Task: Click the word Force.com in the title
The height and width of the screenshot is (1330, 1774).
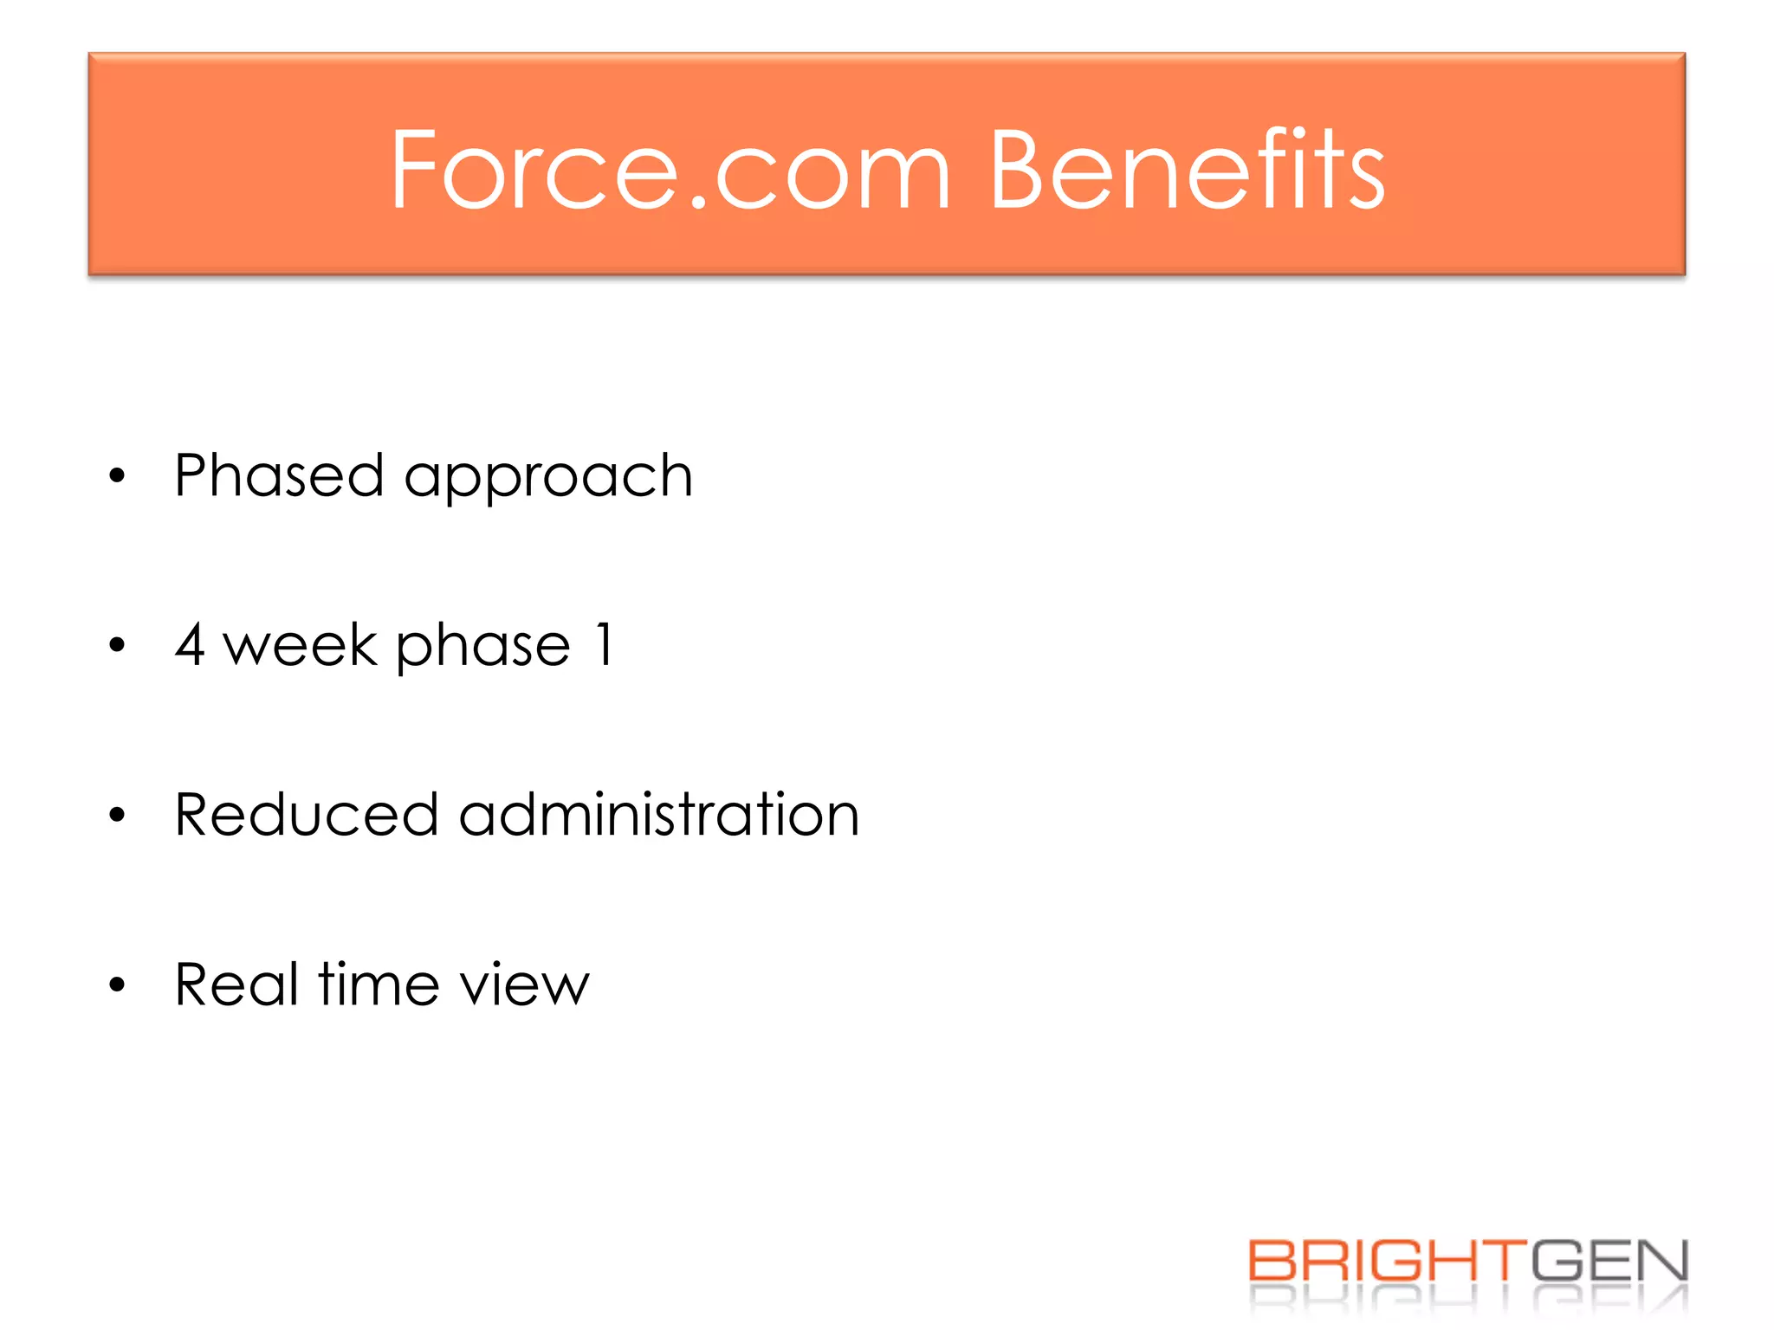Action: [x=670, y=170]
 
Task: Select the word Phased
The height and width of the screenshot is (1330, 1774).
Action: [x=279, y=475]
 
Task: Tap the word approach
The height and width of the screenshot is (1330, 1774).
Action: [x=548, y=479]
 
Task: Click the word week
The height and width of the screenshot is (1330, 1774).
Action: [x=301, y=644]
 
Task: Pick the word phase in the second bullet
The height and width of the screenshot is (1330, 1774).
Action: [x=483, y=648]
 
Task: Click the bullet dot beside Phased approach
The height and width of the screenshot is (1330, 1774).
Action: [x=118, y=476]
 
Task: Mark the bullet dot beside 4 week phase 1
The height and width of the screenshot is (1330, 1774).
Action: [x=118, y=645]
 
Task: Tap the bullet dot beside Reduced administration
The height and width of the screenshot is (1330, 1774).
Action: [x=118, y=815]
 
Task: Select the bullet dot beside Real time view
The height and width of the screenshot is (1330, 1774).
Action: [x=118, y=985]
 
